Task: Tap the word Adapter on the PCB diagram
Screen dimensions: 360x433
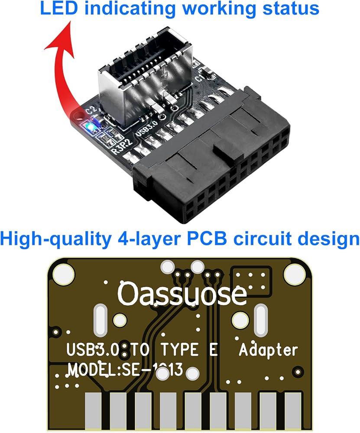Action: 269,350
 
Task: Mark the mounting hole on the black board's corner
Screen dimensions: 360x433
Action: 78,116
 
